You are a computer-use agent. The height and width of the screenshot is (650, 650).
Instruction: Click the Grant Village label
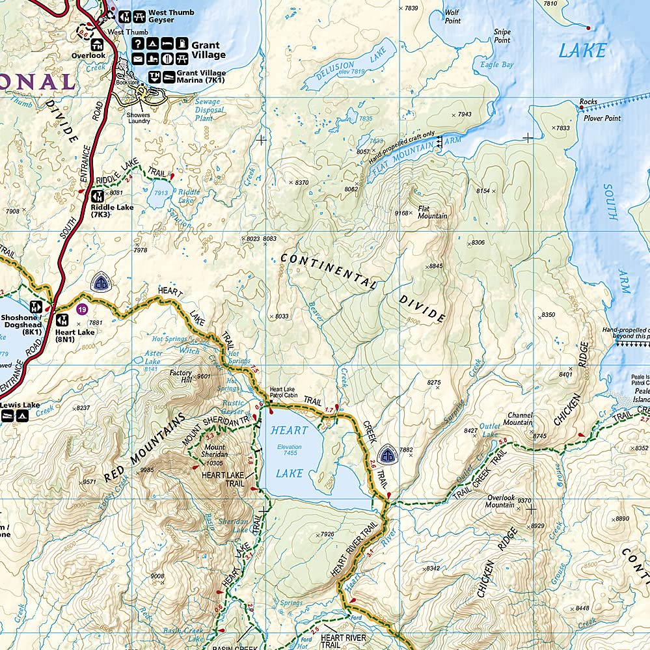click(208, 50)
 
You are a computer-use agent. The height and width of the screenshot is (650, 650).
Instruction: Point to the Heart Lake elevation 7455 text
click(289, 451)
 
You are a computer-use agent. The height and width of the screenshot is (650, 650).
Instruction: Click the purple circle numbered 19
click(81, 309)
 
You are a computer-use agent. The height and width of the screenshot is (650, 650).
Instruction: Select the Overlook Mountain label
click(500, 502)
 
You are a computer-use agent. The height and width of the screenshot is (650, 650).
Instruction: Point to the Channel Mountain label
click(520, 418)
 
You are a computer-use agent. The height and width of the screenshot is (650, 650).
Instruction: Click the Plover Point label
click(603, 118)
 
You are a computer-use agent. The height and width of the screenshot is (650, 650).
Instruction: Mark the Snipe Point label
click(502, 36)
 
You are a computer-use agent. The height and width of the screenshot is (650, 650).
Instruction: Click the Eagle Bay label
click(496, 65)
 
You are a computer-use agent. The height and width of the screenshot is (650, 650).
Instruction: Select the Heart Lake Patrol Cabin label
click(283, 392)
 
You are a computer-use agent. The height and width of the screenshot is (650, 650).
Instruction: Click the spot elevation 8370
click(301, 183)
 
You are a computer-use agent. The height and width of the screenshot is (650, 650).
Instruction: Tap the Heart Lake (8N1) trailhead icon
click(63, 320)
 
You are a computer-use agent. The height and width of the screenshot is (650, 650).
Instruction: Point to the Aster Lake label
click(153, 358)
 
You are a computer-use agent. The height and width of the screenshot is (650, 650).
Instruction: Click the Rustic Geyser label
click(233, 407)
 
